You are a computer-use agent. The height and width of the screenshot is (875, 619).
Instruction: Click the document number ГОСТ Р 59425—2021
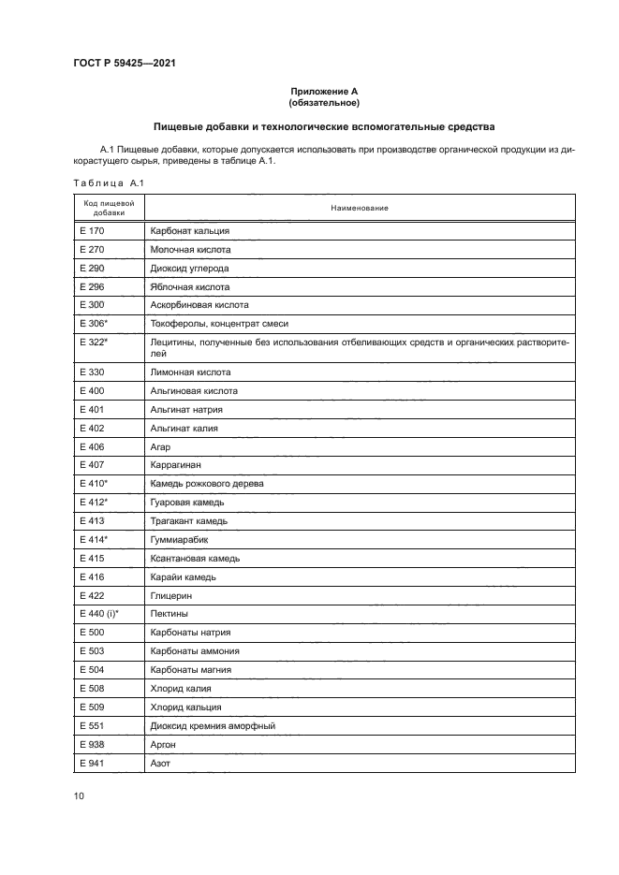[124, 64]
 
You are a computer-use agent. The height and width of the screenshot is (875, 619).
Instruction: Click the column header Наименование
[359, 208]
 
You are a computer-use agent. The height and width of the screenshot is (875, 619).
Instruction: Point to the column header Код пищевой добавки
[108, 208]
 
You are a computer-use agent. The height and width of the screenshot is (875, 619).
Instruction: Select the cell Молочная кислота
[190, 250]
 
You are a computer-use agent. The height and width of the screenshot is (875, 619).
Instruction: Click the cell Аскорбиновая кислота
[199, 305]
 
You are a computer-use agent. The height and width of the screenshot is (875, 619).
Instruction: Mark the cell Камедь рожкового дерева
[207, 483]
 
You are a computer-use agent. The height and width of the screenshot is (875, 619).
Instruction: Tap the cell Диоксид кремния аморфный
[213, 726]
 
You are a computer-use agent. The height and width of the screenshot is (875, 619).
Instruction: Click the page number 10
[80, 796]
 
